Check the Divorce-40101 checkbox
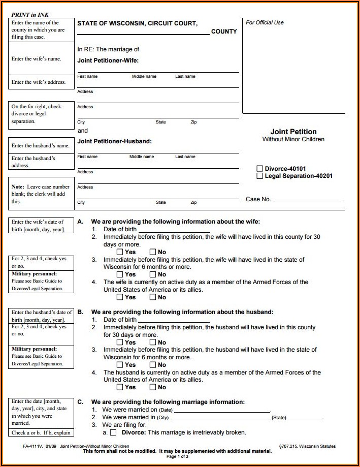point(260,169)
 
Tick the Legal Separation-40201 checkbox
point(260,176)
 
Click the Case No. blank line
point(307,199)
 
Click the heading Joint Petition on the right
point(293,132)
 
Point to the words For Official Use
point(265,22)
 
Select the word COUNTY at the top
point(224,32)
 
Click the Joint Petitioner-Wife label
point(108,60)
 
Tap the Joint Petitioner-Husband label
point(114,141)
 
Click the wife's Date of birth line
point(173,229)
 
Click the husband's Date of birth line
point(173,320)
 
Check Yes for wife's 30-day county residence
point(120,252)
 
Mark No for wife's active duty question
point(152,297)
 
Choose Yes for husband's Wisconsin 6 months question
point(120,365)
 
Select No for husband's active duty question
point(152,387)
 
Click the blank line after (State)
point(305,418)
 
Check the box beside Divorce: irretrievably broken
point(113,433)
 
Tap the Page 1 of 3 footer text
point(177,456)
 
